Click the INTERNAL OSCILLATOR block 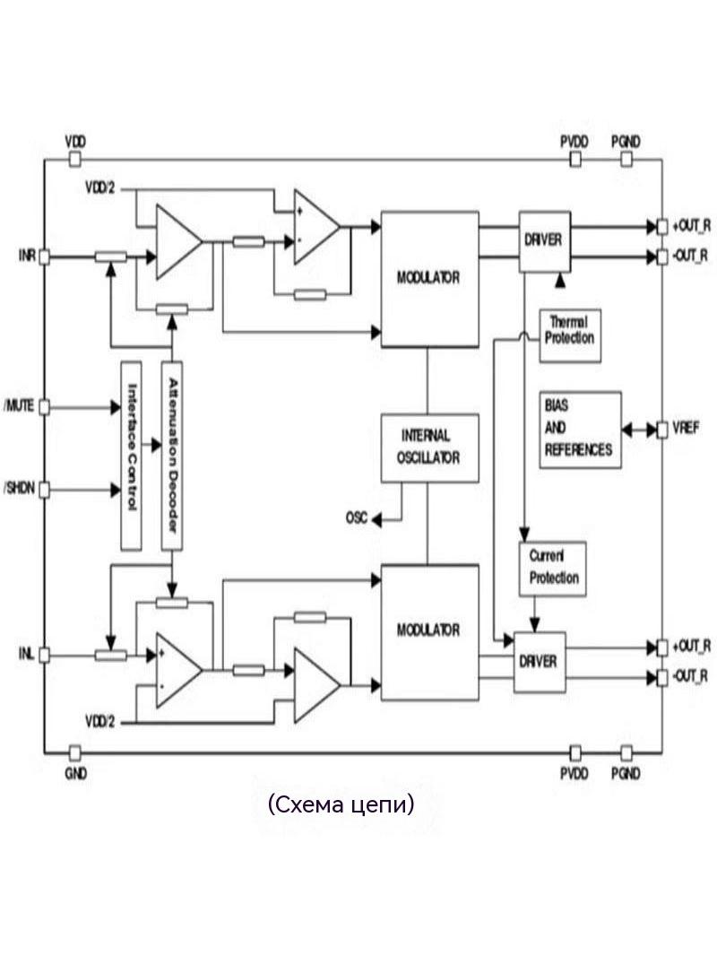tap(429, 448)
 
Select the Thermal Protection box tap(570, 335)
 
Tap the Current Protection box tap(552, 569)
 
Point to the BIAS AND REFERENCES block tap(580, 430)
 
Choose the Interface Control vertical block tap(131, 456)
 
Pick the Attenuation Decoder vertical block tap(172, 456)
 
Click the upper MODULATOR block tap(429, 279)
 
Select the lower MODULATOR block tap(429, 632)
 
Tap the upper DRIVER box tap(545, 241)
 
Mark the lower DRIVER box tap(540, 662)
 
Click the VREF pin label tap(686, 429)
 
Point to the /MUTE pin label tap(20, 406)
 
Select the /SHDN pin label tap(20, 489)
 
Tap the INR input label tap(28, 256)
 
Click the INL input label tap(26, 655)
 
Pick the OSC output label tap(357, 518)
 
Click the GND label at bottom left tap(75, 774)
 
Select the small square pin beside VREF tap(662, 430)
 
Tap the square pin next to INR tap(44, 256)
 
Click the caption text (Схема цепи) tap(341, 804)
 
